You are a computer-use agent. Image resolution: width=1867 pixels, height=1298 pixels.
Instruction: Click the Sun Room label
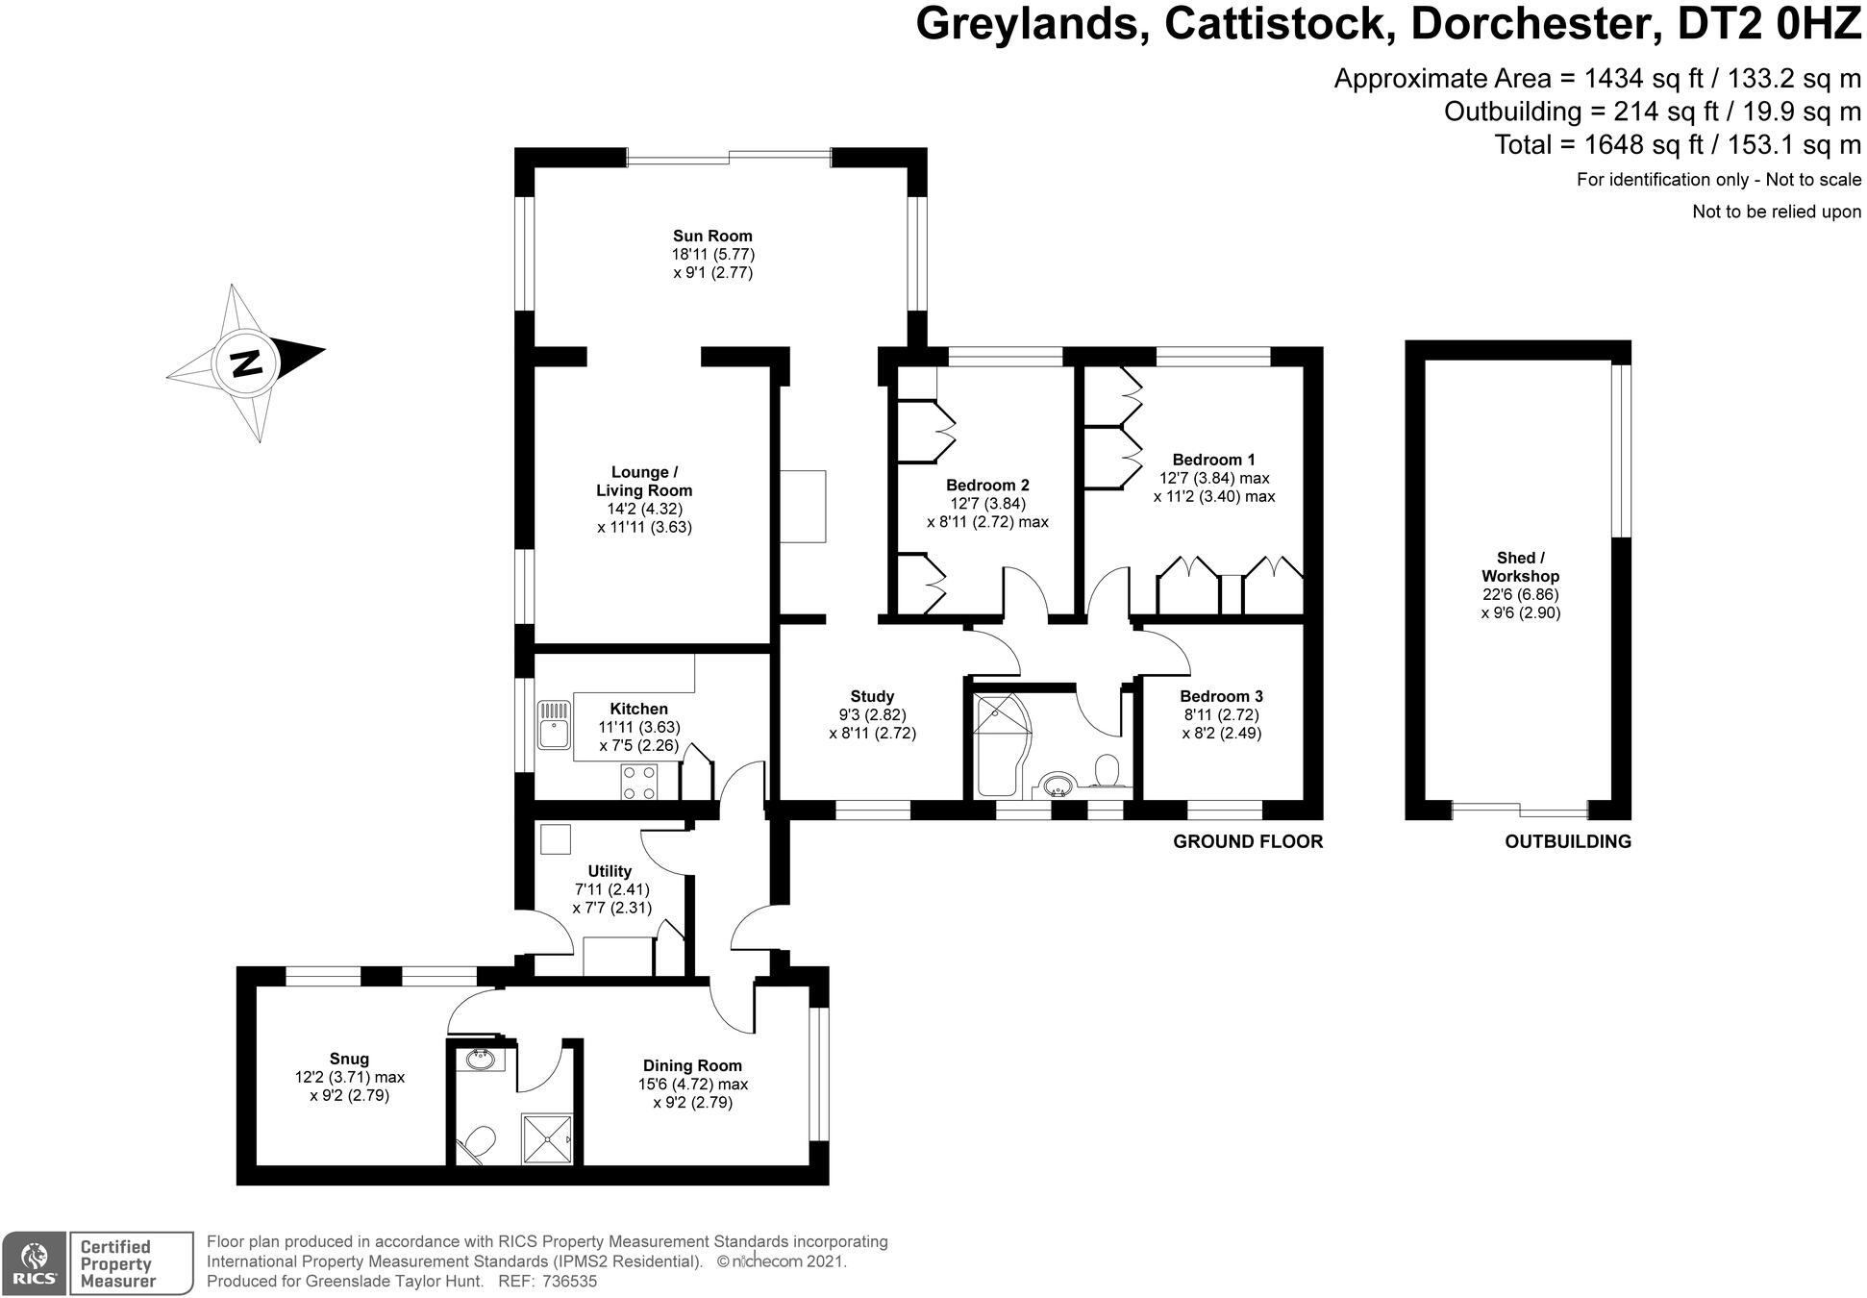tap(711, 236)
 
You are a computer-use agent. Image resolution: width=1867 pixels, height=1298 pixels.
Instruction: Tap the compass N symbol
tap(247, 363)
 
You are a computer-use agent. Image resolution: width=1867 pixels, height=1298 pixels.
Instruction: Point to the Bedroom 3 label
tap(1221, 696)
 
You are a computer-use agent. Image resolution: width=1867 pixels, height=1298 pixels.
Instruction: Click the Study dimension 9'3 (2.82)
tap(872, 714)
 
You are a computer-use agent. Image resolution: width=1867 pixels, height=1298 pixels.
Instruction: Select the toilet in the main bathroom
tap(1108, 771)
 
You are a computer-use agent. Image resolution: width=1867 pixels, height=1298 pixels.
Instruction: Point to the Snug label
tap(349, 1059)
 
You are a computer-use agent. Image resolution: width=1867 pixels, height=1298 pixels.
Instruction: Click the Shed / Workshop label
tap(1520, 566)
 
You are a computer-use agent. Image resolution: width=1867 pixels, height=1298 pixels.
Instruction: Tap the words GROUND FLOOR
tap(1247, 841)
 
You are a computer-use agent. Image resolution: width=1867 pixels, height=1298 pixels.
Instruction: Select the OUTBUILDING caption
tap(1567, 841)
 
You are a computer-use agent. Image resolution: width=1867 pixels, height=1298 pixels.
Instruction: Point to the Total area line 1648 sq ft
tap(1677, 144)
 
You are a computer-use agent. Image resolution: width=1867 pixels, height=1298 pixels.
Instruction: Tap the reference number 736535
tap(569, 1282)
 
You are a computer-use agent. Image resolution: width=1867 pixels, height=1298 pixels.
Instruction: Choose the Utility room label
tap(610, 871)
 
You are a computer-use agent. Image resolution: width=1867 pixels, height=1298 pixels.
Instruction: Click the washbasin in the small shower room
tap(479, 1061)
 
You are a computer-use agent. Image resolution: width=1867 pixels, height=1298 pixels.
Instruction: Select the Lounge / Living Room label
tap(644, 481)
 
